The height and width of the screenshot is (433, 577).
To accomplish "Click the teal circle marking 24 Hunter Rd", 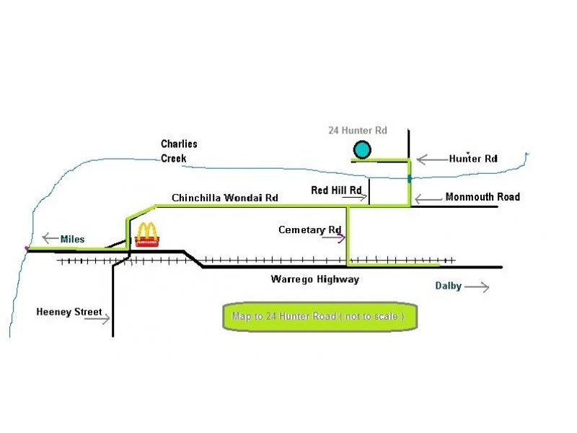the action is (x=362, y=150).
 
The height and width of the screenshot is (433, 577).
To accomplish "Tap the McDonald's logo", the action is (x=147, y=235).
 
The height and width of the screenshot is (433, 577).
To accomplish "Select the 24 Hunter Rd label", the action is (x=358, y=131).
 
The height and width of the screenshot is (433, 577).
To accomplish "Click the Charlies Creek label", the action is (x=179, y=151).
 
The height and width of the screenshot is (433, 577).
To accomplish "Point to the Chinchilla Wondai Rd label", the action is (x=225, y=198).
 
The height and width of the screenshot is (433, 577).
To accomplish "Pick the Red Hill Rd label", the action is (x=336, y=191).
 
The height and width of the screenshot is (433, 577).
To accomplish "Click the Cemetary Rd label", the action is (x=310, y=229).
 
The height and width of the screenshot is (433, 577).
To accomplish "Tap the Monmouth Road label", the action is (x=483, y=196).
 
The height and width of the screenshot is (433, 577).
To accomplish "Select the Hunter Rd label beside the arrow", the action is (x=473, y=159).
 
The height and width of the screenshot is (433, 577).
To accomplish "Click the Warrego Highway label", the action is (x=315, y=279).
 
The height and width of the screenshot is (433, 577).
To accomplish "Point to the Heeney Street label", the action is (x=69, y=312).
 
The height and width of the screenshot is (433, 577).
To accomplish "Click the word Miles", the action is (x=73, y=239).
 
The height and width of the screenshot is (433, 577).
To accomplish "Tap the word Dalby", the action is (x=448, y=286).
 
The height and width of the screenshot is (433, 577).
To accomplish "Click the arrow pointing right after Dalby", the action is (x=477, y=287).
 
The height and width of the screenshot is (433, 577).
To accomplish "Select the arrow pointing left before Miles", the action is (x=50, y=238).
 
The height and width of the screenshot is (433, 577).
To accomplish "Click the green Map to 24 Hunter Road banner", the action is (x=320, y=316).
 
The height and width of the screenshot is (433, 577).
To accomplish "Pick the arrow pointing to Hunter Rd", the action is (x=433, y=159).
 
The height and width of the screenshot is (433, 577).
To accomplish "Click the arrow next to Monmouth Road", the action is (x=428, y=199).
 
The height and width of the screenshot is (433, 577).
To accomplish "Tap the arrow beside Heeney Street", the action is (x=97, y=318).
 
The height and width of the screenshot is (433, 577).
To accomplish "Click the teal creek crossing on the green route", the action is (x=410, y=179).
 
